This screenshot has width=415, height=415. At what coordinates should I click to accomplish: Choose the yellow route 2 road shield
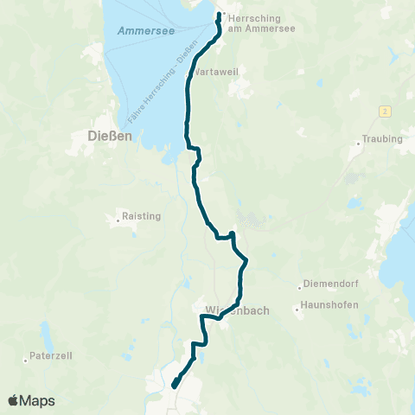382,112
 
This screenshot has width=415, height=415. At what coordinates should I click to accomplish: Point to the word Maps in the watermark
38,400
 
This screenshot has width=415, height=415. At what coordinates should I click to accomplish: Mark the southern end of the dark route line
174,386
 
